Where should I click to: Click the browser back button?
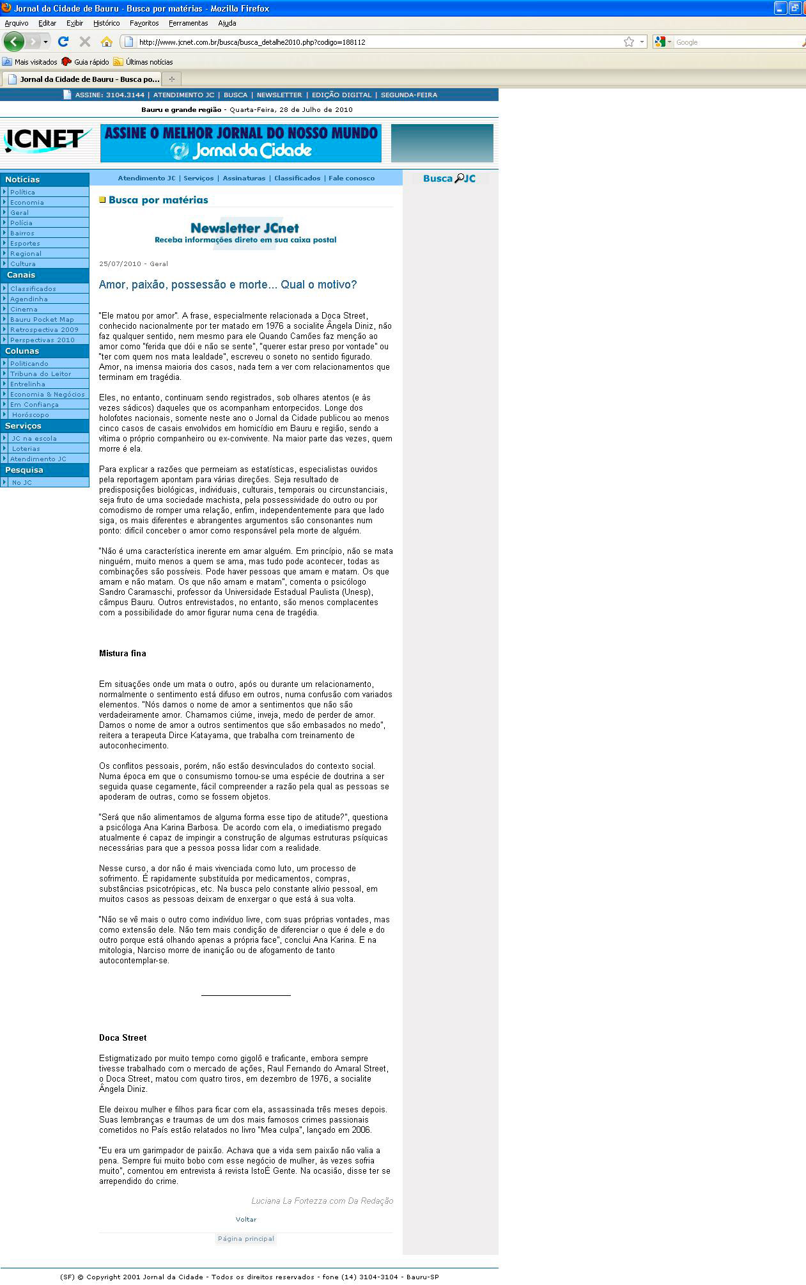[x=14, y=42]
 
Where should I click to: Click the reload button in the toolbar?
[x=63, y=42]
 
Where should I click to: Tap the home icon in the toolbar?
[x=107, y=42]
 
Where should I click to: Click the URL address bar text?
[x=252, y=42]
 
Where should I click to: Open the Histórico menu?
[x=106, y=23]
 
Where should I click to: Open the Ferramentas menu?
[x=188, y=23]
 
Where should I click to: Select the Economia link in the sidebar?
[x=27, y=203]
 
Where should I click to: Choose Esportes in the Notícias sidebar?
[x=25, y=244]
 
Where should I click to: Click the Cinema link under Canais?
[x=24, y=310]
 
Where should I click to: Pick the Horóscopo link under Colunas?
[x=30, y=415]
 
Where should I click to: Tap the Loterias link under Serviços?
[x=26, y=449]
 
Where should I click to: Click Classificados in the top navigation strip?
[x=297, y=178]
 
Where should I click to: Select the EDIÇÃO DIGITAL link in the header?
[x=341, y=95]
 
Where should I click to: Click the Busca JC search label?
[x=449, y=178]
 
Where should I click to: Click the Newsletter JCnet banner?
[x=245, y=233]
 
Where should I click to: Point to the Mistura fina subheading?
[x=123, y=654]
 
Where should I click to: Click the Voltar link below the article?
[x=245, y=1220]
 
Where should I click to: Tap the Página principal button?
[x=245, y=1239]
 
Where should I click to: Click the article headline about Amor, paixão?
[x=228, y=285]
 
